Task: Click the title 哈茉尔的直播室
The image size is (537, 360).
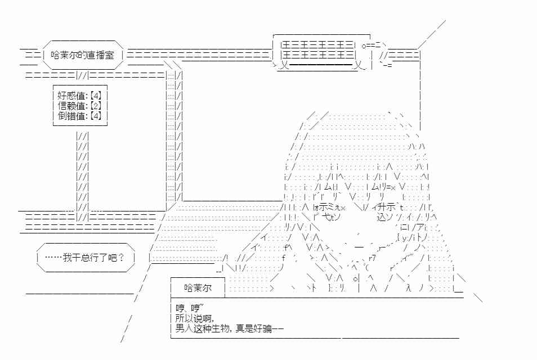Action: click(82, 55)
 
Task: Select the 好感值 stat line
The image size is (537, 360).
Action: click(79, 96)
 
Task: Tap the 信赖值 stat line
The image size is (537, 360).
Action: click(79, 105)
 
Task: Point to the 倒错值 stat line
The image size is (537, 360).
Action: click(79, 116)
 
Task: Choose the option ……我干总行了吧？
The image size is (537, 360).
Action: click(84, 257)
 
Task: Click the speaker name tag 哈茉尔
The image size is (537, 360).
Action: click(198, 288)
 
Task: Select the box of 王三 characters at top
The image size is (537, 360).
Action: click(317, 49)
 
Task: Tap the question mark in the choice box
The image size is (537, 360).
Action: click(121, 257)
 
